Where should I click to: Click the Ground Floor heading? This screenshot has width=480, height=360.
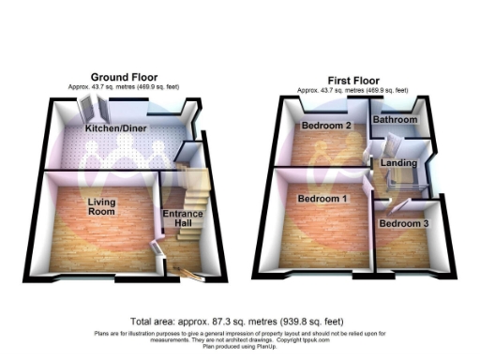(124, 77)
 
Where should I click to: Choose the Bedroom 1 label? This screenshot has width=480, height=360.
(322, 199)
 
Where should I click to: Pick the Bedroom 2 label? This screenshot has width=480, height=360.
(326, 125)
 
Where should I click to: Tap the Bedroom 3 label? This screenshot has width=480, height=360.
(403, 225)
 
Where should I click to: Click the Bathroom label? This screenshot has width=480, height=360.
(395, 120)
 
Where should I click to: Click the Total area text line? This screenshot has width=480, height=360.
(239, 320)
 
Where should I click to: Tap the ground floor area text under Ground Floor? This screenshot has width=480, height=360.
(124, 86)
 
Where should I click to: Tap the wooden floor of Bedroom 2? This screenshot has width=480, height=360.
(323, 148)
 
